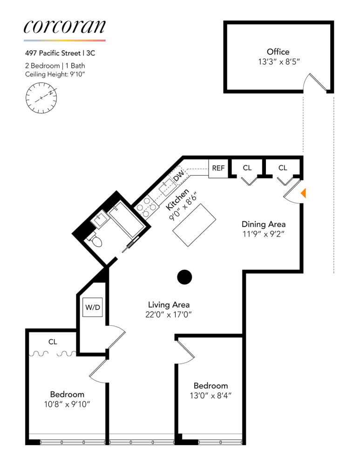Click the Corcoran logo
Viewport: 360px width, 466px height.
[x=65, y=27]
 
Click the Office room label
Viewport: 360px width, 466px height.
[x=278, y=52]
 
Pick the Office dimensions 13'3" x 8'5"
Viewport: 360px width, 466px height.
[x=278, y=61]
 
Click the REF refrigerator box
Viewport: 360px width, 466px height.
[x=218, y=168]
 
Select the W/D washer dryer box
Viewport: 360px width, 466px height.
[x=92, y=308]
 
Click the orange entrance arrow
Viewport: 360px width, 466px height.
[x=303, y=193]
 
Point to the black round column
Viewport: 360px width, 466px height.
[x=184, y=277]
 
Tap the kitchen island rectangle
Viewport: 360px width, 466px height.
[x=195, y=226]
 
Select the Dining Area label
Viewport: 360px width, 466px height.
[x=264, y=224]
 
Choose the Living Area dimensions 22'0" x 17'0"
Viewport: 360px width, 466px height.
[x=169, y=315]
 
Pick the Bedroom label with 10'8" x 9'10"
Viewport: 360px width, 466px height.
[x=67, y=394]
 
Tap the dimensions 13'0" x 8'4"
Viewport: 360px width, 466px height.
[x=211, y=396]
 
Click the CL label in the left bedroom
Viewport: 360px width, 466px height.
[x=53, y=342]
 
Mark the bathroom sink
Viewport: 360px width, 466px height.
[x=100, y=219]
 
